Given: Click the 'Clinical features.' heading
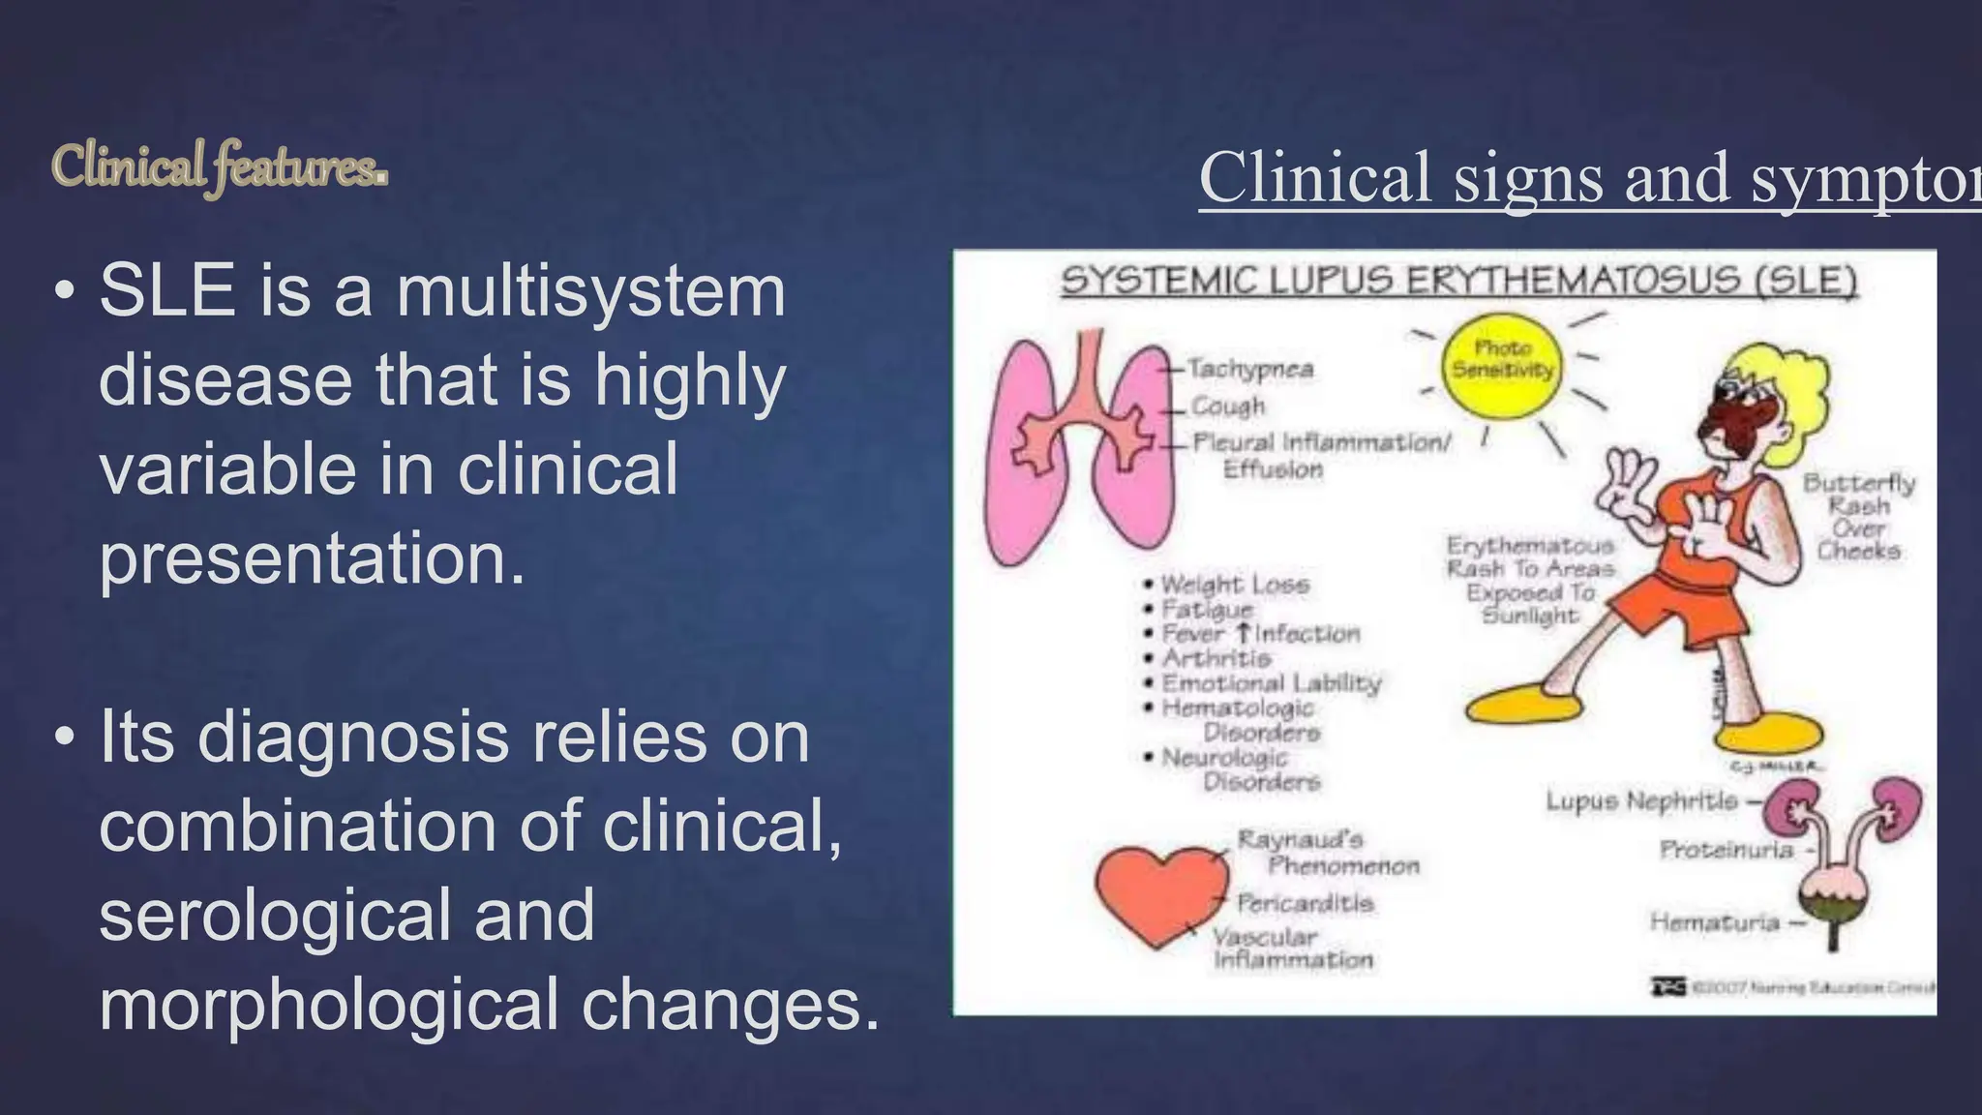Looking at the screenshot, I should [x=220, y=166].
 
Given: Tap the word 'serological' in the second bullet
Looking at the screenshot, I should [x=346, y=916].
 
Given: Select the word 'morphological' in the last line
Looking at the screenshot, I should [x=329, y=1005].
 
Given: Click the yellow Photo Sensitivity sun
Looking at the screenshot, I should [x=1501, y=365].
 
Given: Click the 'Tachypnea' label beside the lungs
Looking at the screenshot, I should [x=1249, y=369].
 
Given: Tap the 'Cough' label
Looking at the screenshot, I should [x=1228, y=406].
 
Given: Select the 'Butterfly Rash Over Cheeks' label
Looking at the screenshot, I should [x=1858, y=516].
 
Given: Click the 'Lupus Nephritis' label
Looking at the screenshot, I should [x=1641, y=801].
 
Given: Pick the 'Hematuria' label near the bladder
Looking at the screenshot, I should [x=1714, y=922].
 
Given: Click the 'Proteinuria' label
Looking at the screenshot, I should [x=1726, y=850].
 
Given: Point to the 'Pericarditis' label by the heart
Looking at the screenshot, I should [x=1305, y=903].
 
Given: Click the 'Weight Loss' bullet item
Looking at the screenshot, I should [x=1234, y=585].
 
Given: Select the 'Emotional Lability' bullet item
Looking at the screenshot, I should [x=1271, y=683].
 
